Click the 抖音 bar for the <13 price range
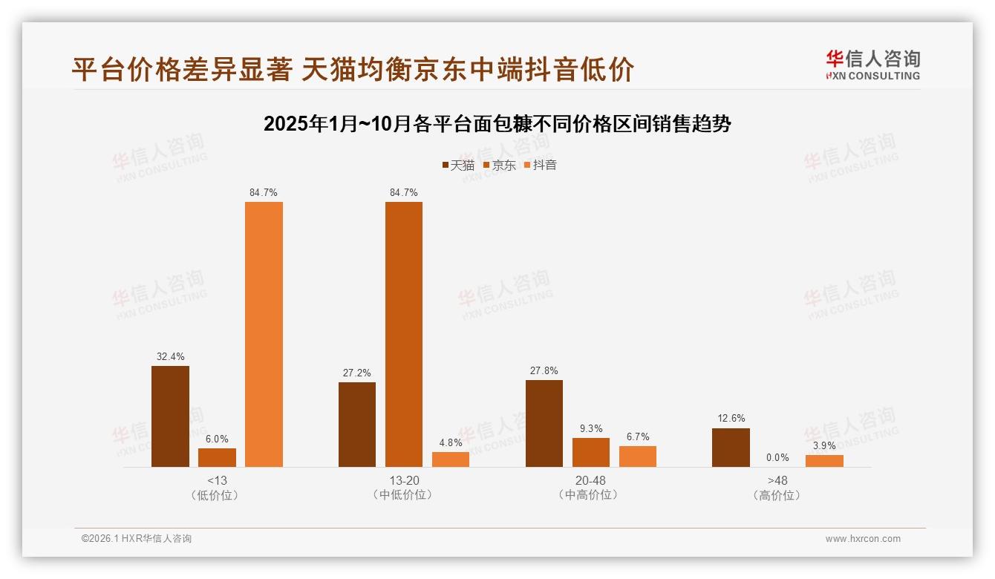pyautogui.click(x=264, y=334)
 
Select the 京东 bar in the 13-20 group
pyautogui.click(x=404, y=334)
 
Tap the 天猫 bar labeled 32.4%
pyautogui.click(x=170, y=416)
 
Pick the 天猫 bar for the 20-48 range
pyautogui.click(x=544, y=423)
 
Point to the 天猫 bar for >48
pyautogui.click(x=731, y=448)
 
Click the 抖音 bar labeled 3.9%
pyautogui.click(x=824, y=461)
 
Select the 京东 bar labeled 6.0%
pyautogui.click(x=217, y=457)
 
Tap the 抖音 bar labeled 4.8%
pyautogui.click(x=451, y=459)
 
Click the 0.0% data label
pyautogui.click(x=777, y=458)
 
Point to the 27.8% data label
pyautogui.click(x=544, y=370)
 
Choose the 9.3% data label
pyautogui.click(x=591, y=428)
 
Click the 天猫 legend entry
pyautogui.click(x=458, y=165)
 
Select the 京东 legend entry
pyautogui.click(x=500, y=165)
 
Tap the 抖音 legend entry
pyautogui.click(x=541, y=165)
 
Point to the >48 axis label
pyautogui.click(x=777, y=480)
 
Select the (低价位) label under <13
pyautogui.click(x=216, y=495)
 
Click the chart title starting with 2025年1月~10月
pyautogui.click(x=497, y=124)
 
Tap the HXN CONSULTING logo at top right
pyautogui.click(x=872, y=65)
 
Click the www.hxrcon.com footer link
pyautogui.click(x=863, y=539)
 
